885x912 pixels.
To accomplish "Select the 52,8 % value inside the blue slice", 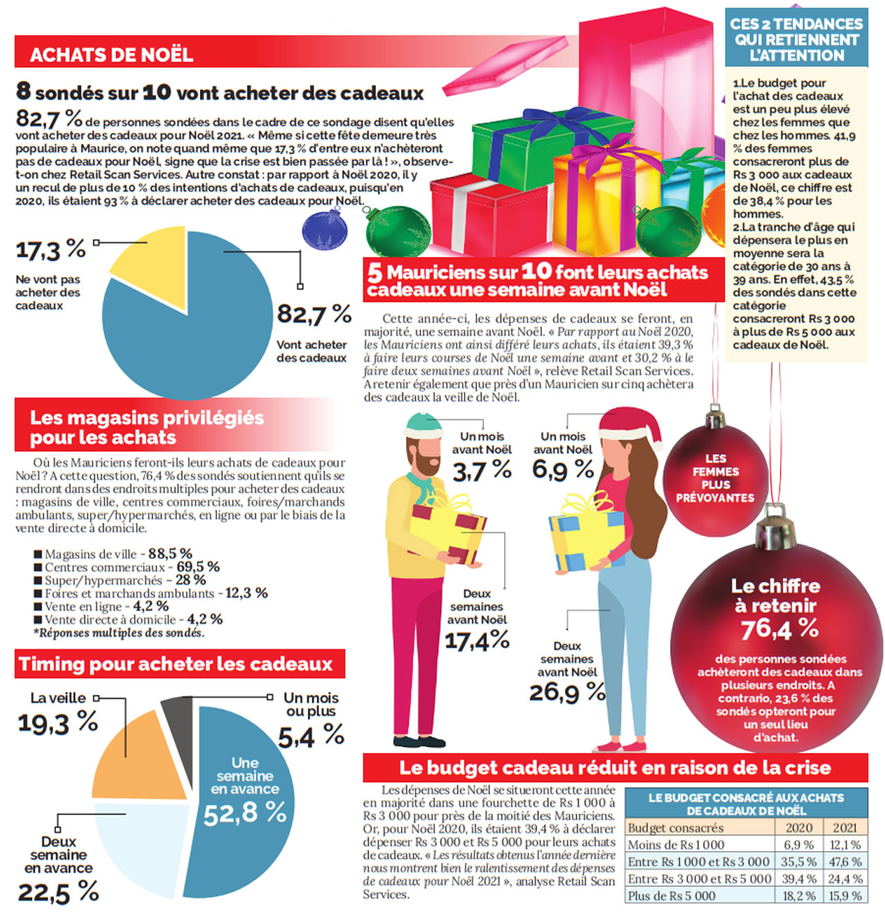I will (245, 813).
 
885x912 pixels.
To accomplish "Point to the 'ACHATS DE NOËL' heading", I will (111, 55).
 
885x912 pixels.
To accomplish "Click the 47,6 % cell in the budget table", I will (845, 861).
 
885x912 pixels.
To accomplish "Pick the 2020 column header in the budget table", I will (799, 828).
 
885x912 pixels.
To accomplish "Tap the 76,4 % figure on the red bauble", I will (779, 629).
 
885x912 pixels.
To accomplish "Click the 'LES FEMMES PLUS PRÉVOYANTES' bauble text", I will (715, 477).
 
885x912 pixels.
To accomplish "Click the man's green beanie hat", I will (422, 423).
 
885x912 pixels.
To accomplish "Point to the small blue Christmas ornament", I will (324, 230).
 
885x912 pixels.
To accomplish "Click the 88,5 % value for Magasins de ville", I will (169, 554).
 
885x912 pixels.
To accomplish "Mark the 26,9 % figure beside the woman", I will (567, 692).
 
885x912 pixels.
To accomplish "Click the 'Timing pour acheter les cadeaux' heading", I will (176, 664).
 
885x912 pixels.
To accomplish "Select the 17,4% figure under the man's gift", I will (476, 641).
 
